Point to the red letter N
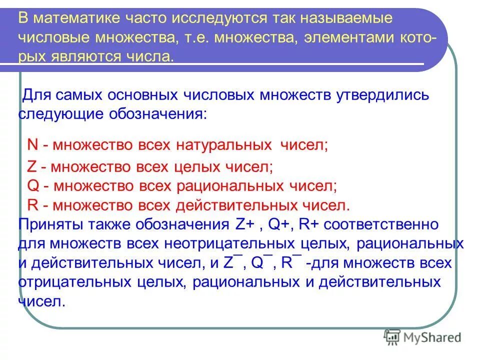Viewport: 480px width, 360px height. (32, 145)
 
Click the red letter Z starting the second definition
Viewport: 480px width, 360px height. (31, 166)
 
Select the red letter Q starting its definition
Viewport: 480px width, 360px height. (32, 185)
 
